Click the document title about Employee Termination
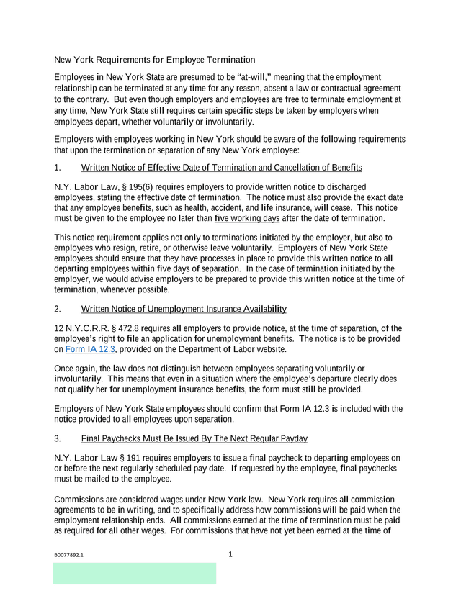tap(154, 60)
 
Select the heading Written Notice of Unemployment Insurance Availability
tap(184, 310)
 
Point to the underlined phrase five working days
tap(247, 219)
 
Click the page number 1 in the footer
tap(230, 554)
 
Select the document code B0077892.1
tap(73, 556)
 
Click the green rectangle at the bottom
tap(134, 573)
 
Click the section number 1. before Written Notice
tap(58, 168)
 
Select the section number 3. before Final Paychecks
tap(58, 438)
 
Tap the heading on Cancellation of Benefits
tap(222, 168)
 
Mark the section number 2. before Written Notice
tap(58, 310)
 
